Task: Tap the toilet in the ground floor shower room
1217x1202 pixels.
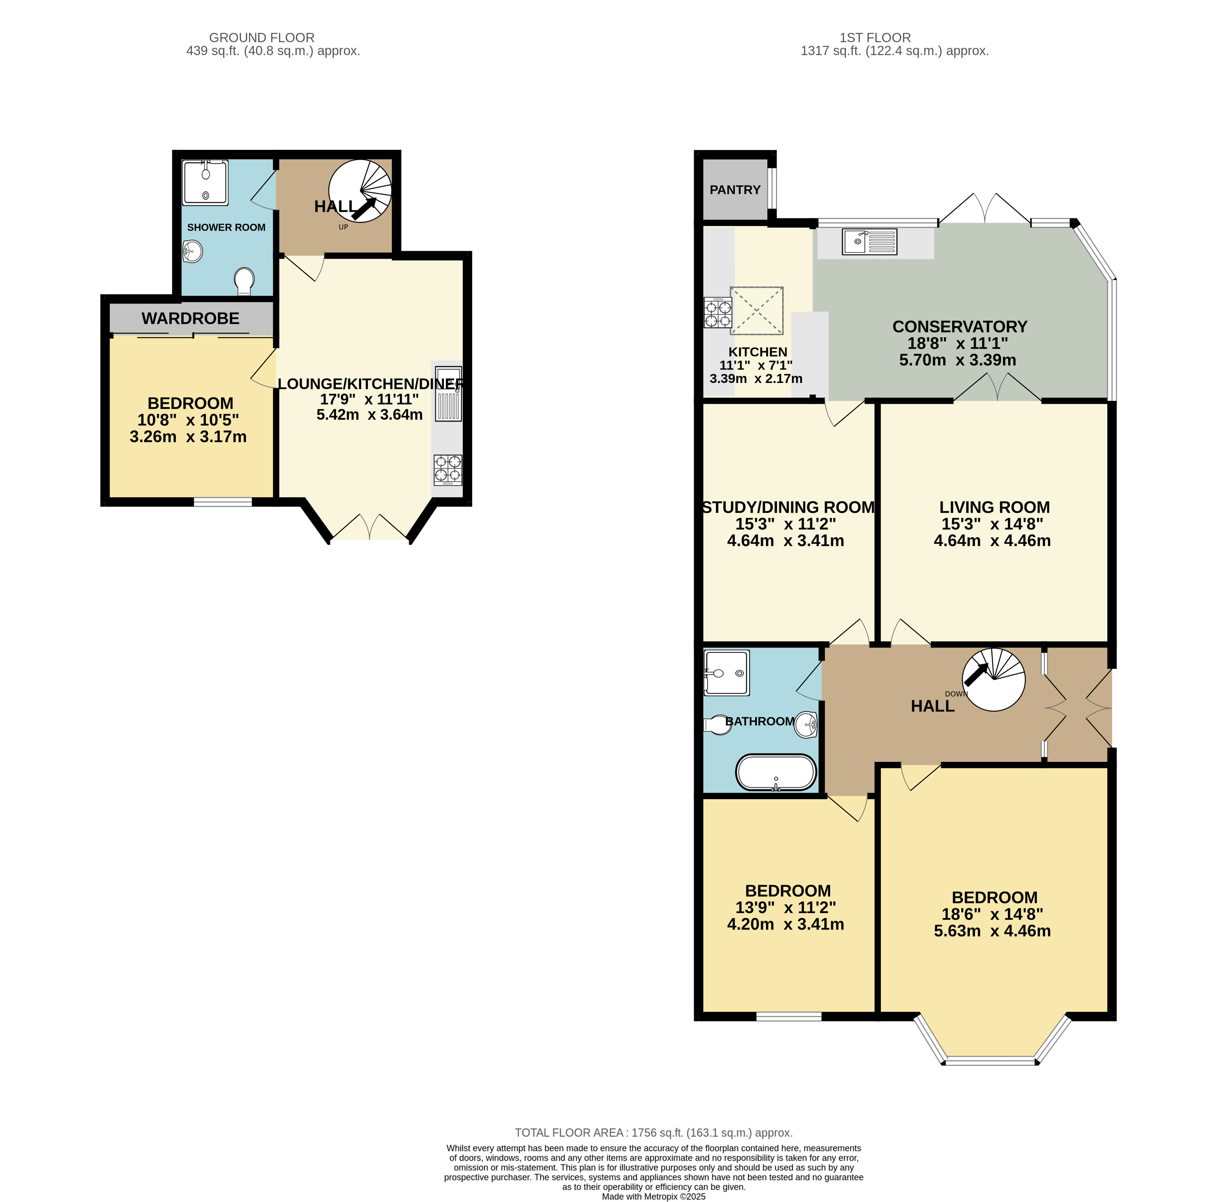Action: pyautogui.click(x=244, y=280)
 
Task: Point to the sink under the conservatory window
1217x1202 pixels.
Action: pyautogui.click(x=869, y=241)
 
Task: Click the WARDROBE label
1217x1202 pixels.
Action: pyautogui.click(x=190, y=319)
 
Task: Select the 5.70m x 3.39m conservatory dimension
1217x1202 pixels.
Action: pyautogui.click(x=957, y=360)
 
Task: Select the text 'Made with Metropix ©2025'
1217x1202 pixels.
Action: pyautogui.click(x=653, y=1196)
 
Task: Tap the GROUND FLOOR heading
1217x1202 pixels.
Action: pyautogui.click(x=261, y=38)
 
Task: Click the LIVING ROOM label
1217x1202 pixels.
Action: pyautogui.click(x=994, y=507)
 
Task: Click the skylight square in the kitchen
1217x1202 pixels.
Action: pyautogui.click(x=756, y=310)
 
